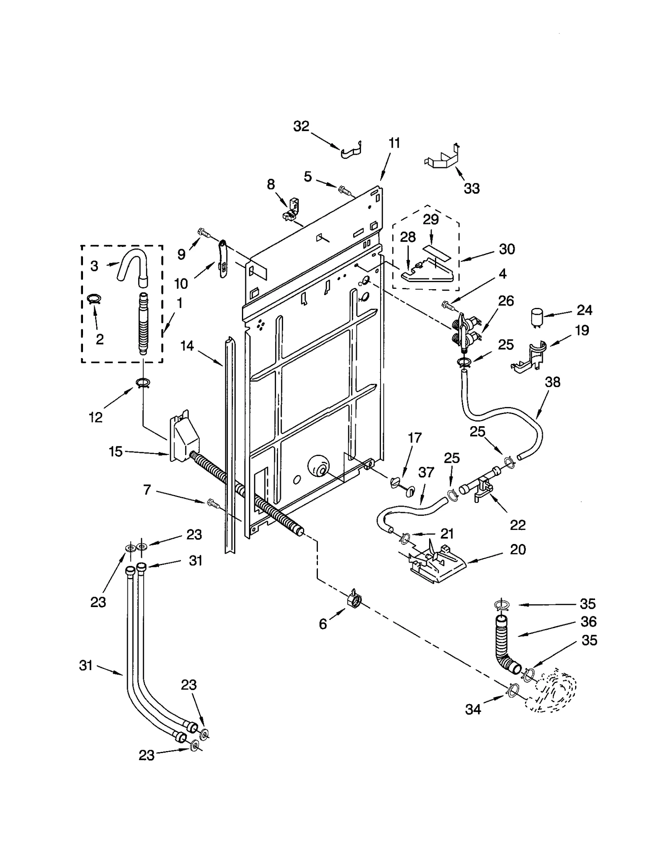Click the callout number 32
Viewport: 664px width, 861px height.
(301, 126)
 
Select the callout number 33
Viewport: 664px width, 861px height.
(471, 188)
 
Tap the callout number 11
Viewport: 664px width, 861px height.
(394, 143)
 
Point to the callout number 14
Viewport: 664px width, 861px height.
(187, 346)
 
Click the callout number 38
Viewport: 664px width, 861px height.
(552, 382)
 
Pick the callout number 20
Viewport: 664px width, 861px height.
(518, 549)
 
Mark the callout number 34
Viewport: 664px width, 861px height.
(473, 710)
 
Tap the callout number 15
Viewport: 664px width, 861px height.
(116, 451)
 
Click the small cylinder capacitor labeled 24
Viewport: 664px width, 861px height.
(538, 318)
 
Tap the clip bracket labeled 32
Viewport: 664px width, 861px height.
(352, 150)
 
